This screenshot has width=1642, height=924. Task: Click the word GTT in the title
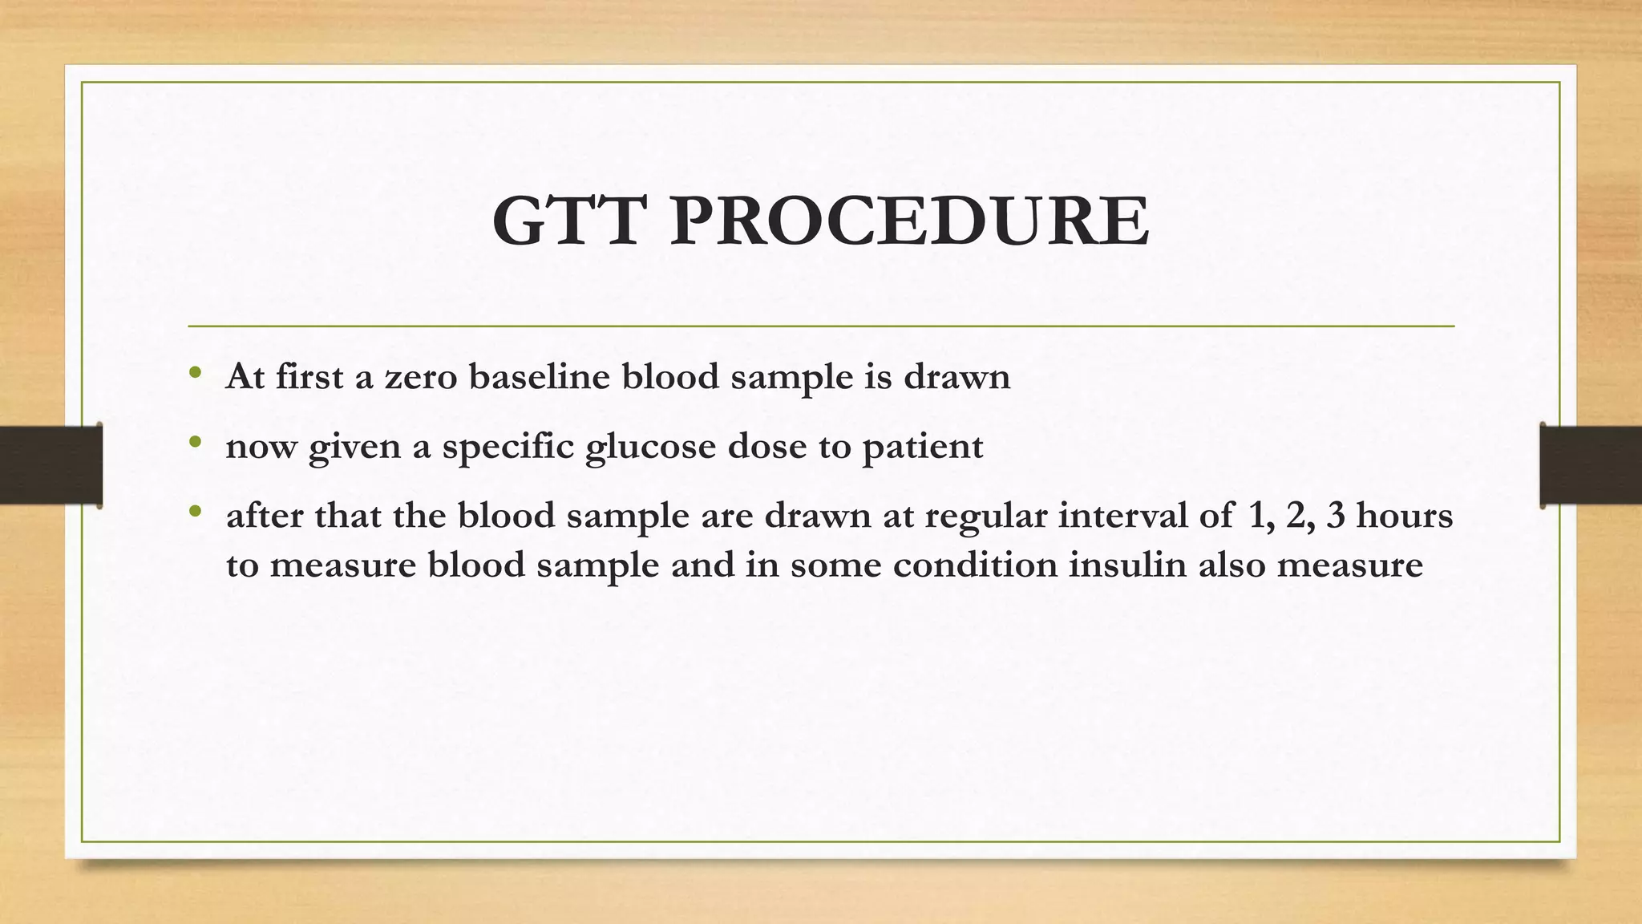pyautogui.click(x=569, y=221)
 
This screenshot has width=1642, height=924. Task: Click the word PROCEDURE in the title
pyautogui.click(x=910, y=221)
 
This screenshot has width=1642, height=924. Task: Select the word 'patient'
pyautogui.click(x=923, y=447)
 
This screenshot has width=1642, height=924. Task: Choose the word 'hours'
pyautogui.click(x=1404, y=515)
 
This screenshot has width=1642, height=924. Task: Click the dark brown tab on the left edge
pyautogui.click(x=51, y=464)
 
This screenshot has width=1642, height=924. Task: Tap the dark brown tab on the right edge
pyautogui.click(x=1591, y=464)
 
